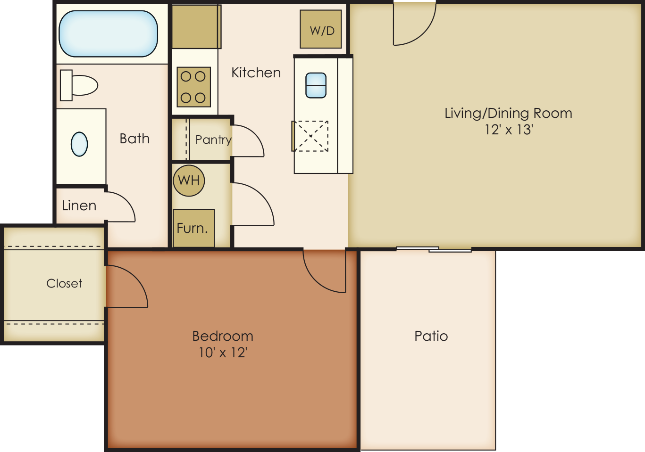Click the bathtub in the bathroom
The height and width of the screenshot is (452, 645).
point(108,33)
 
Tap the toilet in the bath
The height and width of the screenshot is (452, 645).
point(79,85)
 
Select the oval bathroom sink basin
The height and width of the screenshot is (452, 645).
point(79,144)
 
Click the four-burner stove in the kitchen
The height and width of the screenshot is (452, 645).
point(193,87)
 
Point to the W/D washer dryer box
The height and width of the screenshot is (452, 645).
point(321,29)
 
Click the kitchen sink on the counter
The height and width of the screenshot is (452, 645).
point(316,85)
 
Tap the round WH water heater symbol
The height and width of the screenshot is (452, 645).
point(189,181)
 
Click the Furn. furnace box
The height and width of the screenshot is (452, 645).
point(193,228)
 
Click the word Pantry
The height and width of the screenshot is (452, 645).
point(213,140)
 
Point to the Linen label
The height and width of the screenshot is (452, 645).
point(79,205)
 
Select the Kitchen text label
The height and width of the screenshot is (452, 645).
point(256,73)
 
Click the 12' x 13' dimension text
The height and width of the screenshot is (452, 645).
point(509,130)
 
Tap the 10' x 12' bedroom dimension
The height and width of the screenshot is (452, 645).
point(223,353)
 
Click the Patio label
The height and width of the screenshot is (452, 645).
point(431,336)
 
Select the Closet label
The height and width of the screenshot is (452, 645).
point(64,283)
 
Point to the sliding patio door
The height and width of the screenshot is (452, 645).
point(434,249)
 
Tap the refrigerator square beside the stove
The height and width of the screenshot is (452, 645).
point(196,27)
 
